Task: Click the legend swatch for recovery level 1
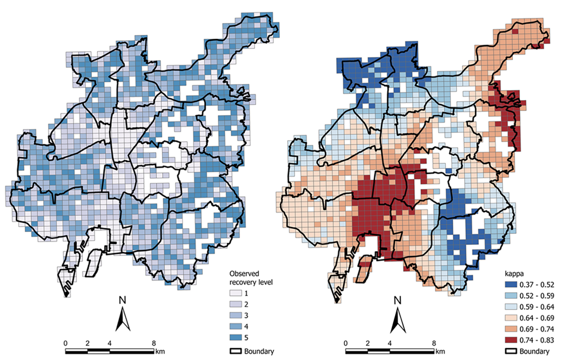pyautogui.click(x=235, y=293)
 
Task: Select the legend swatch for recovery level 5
pyautogui.click(x=235, y=338)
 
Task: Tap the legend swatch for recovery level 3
pyautogui.click(x=235, y=315)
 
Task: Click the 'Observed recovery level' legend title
pyautogui.click(x=251, y=278)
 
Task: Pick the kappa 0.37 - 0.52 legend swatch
pyautogui.click(x=511, y=285)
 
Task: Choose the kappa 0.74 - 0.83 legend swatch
pyautogui.click(x=511, y=340)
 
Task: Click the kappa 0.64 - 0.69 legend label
pyautogui.click(x=536, y=318)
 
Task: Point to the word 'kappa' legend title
pyautogui.click(x=514, y=274)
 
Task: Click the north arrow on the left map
pyautogui.click(x=122, y=319)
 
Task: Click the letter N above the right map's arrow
pyautogui.click(x=398, y=301)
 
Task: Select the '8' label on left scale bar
pyautogui.click(x=154, y=343)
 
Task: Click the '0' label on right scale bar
pyautogui.click(x=345, y=343)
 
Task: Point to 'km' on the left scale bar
pyautogui.click(x=160, y=351)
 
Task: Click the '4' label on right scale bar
pyautogui.click(x=390, y=343)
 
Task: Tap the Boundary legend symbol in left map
pyautogui.click(x=235, y=351)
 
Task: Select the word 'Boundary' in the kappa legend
pyautogui.click(x=534, y=351)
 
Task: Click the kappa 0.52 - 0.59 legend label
pyautogui.click(x=536, y=296)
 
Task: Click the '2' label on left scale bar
pyautogui.click(x=87, y=343)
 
